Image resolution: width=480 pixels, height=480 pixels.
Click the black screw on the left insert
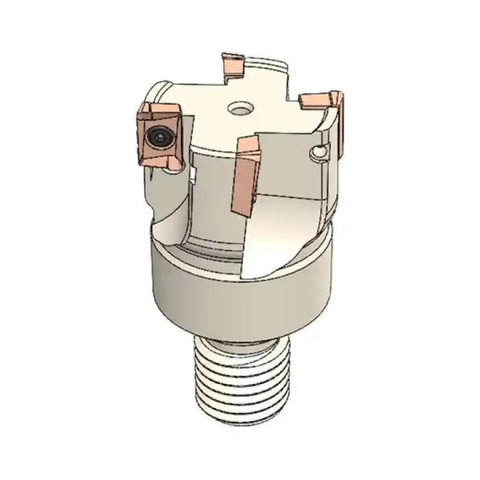[x=160, y=137]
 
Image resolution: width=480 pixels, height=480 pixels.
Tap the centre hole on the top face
[x=240, y=108]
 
